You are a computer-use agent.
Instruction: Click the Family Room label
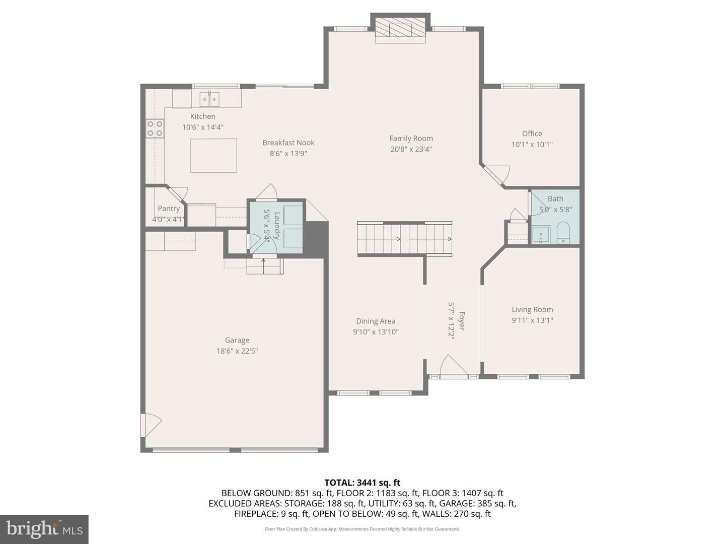[x=411, y=139]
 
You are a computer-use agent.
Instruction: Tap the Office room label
[x=532, y=133]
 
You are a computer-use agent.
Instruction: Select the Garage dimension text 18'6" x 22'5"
[x=237, y=351]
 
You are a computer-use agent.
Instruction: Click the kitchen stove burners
[x=155, y=128]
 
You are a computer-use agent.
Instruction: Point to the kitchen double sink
[x=209, y=99]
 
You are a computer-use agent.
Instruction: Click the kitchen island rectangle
[x=213, y=155]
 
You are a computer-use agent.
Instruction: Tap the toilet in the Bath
[x=563, y=233]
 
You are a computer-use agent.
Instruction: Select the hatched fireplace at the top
[x=400, y=30]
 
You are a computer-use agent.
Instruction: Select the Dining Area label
[x=376, y=321]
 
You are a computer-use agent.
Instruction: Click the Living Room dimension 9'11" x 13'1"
[x=532, y=320]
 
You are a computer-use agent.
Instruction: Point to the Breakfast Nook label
[x=288, y=143]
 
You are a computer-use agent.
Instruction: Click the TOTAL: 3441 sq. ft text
[x=362, y=483]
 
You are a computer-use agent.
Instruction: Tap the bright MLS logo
[x=44, y=529]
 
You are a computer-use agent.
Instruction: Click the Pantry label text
[x=169, y=209]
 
